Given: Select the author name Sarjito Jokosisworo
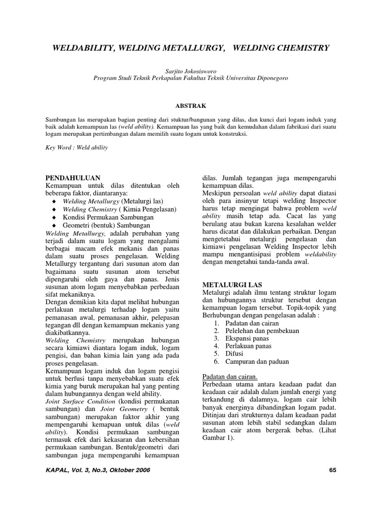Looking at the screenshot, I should coord(191,71).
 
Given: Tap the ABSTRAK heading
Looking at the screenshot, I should coord(191,105).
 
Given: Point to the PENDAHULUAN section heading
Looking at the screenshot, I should coord(73,177).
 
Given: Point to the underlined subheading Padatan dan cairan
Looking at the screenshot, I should coord(230,377).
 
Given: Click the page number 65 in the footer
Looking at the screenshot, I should coord(333,470).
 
